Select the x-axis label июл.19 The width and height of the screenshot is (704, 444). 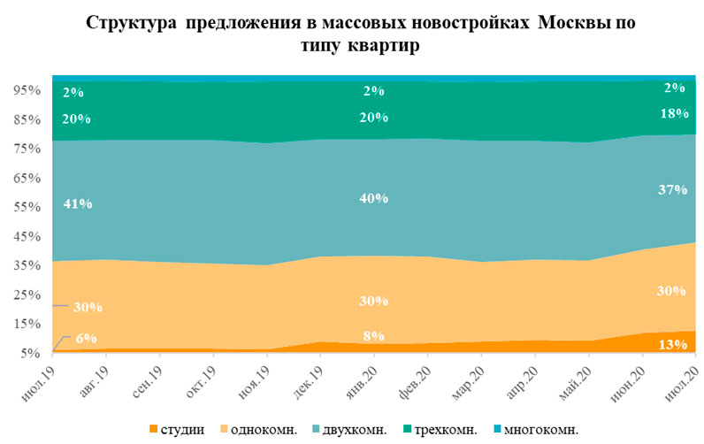point(40,377)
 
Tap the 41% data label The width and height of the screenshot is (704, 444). point(79,203)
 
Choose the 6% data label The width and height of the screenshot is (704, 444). point(87,338)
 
